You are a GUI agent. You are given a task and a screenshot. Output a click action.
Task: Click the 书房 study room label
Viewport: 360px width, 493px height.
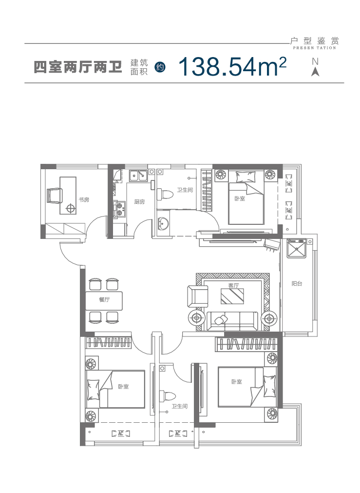(84, 199)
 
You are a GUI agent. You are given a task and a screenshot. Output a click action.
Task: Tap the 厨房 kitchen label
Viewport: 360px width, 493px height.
(139, 202)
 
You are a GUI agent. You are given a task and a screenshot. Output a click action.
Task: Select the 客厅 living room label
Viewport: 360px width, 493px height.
(234, 285)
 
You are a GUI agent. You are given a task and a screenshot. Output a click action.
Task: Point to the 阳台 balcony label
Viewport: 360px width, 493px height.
(297, 284)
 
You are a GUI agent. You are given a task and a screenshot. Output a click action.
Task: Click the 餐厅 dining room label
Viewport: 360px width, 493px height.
(104, 299)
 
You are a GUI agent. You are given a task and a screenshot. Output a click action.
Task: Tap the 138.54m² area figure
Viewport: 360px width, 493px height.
(232, 67)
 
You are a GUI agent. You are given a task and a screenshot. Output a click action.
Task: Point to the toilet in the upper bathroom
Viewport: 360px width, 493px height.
(165, 194)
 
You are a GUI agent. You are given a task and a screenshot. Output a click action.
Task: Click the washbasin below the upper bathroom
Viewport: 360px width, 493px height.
(163, 223)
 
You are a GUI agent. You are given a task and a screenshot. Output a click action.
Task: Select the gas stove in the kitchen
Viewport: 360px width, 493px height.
(119, 209)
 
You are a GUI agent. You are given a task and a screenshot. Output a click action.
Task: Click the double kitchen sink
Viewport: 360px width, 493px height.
(138, 176)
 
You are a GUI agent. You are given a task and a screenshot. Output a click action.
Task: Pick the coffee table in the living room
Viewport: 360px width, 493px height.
(232, 296)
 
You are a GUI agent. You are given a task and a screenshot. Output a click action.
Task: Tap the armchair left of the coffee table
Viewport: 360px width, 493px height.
(198, 296)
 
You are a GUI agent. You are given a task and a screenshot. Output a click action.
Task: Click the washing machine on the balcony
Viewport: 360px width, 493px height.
(296, 249)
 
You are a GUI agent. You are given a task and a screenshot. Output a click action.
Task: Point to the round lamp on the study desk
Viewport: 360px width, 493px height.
(71, 208)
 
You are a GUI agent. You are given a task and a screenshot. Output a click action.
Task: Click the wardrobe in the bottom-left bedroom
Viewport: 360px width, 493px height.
(108, 342)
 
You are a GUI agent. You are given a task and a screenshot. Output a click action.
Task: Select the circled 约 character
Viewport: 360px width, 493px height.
(160, 67)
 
